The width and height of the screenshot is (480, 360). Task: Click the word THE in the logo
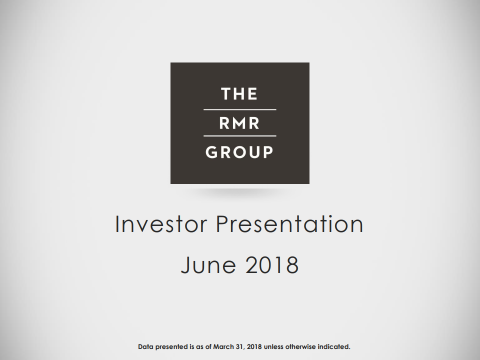tap(239, 94)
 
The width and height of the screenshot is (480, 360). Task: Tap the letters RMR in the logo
tap(239, 123)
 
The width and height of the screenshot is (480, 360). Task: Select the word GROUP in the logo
tap(239, 152)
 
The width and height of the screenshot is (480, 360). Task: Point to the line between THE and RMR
tap(239, 109)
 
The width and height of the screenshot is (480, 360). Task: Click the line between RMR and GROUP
tap(239, 135)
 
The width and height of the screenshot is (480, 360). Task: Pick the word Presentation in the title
tap(289, 224)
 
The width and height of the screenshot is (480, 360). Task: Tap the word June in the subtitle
tap(209, 264)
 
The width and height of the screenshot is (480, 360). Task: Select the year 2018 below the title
tap(272, 264)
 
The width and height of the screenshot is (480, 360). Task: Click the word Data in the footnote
tap(145, 346)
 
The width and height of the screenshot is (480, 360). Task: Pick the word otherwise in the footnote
tap(302, 346)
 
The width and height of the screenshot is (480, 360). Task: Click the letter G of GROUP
tap(212, 152)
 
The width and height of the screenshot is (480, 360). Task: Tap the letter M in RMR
tap(239, 123)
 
